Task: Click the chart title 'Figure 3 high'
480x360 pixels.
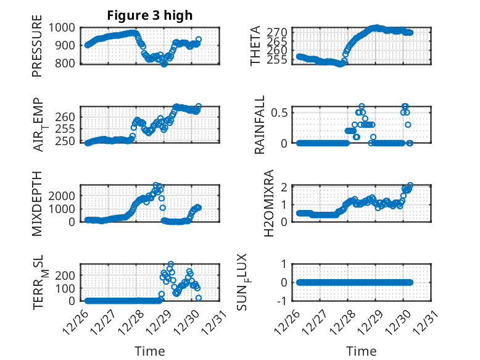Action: pyautogui.click(x=151, y=15)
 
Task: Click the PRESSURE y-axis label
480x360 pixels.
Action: pyautogui.click(x=38, y=51)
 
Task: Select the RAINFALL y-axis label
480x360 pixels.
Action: pyautogui.click(x=260, y=125)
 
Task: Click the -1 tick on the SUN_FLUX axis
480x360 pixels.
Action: pyautogui.click(x=284, y=301)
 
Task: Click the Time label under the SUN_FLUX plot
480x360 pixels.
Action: pyautogui.click(x=362, y=351)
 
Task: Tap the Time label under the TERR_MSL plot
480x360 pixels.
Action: pyautogui.click(x=150, y=351)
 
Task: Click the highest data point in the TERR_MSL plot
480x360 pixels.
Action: pyautogui.click(x=171, y=264)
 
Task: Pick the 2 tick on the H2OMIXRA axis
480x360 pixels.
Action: pyautogui.click(x=286, y=186)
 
